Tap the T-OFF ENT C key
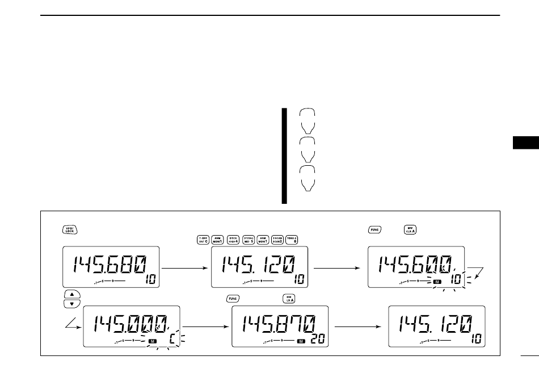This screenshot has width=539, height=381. tap(202, 239)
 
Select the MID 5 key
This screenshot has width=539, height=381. tap(248, 239)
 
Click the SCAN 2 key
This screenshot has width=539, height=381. tap(278, 239)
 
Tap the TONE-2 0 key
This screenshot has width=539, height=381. tap(293, 239)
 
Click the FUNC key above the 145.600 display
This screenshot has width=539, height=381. tap(374, 230)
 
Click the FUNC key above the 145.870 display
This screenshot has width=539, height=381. tap(233, 298)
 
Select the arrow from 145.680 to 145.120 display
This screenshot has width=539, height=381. tap(185, 266)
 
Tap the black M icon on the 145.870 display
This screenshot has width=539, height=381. tap(301, 342)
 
